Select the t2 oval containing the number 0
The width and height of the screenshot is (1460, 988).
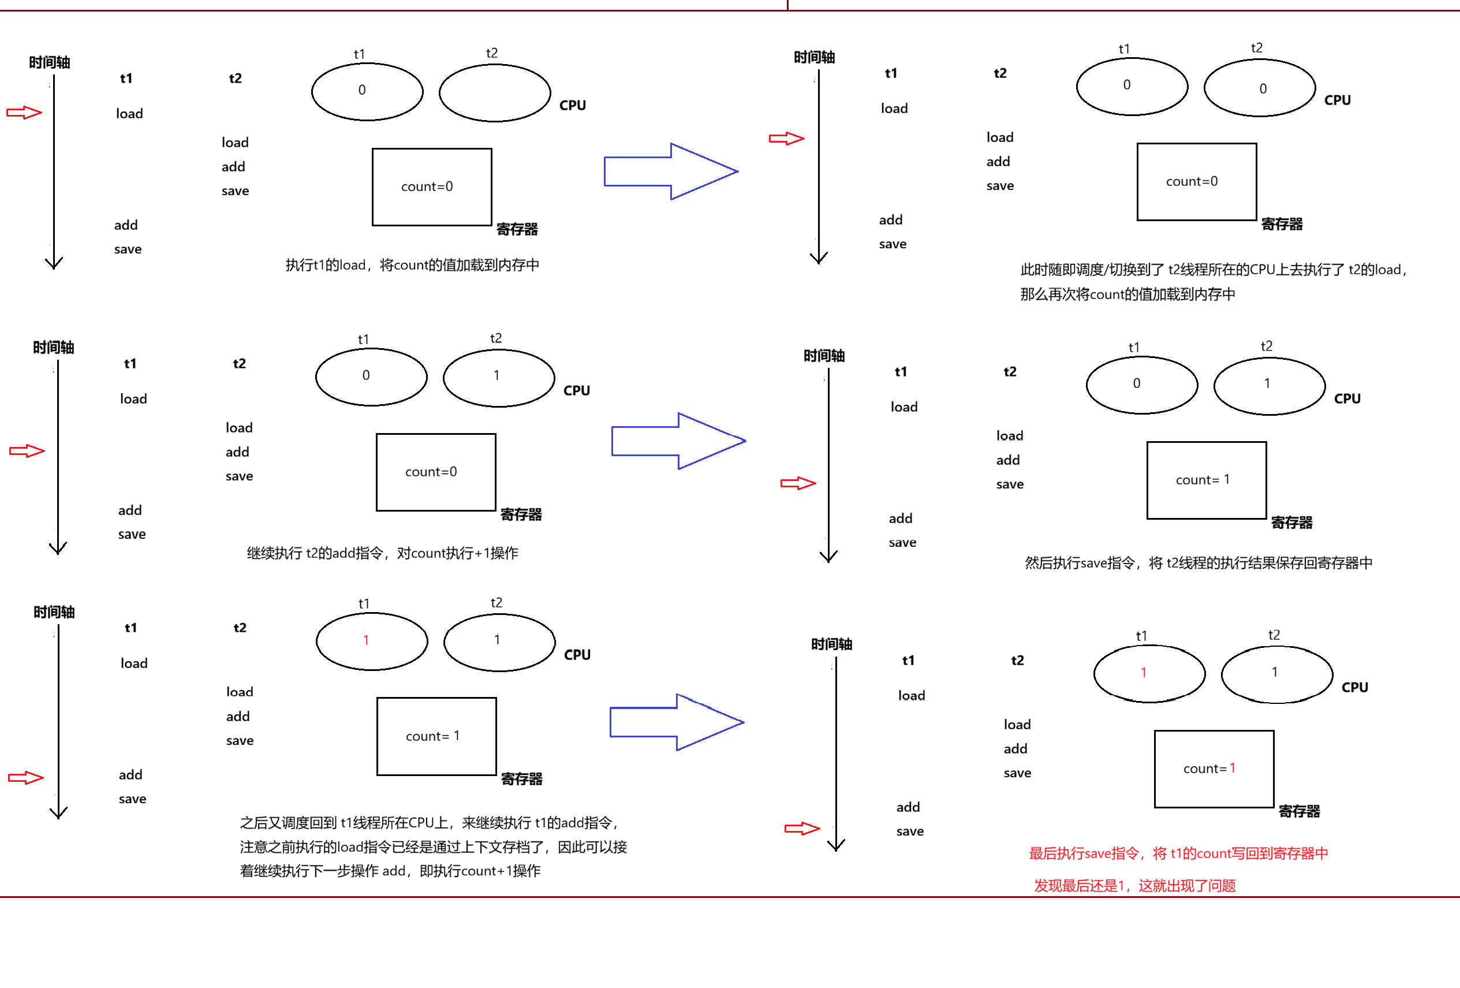pyautogui.click(x=1259, y=88)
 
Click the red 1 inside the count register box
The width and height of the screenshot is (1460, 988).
pyautogui.click(x=1232, y=768)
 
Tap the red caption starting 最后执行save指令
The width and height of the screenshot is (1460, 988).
pyautogui.click(x=1178, y=853)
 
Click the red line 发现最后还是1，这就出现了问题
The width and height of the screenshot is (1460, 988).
pyautogui.click(x=1134, y=886)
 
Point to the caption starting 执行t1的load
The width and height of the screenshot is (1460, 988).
pyautogui.click(x=412, y=265)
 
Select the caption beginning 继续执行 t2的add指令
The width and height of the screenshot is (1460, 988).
pyautogui.click(x=382, y=553)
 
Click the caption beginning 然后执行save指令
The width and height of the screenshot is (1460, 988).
pyautogui.click(x=1198, y=562)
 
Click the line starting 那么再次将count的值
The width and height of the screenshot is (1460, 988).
pyautogui.click(x=1127, y=294)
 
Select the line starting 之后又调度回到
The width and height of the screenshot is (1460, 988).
pyautogui.click(x=430, y=823)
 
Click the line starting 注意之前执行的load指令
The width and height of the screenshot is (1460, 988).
pyautogui.click(x=433, y=847)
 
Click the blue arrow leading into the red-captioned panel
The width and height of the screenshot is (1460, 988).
pyautogui.click(x=676, y=722)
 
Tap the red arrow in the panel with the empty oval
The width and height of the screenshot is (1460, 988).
pyautogui.click(x=24, y=113)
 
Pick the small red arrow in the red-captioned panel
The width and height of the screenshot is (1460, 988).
pyautogui.click(x=802, y=829)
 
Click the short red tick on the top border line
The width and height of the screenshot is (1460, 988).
pyautogui.click(x=787, y=5)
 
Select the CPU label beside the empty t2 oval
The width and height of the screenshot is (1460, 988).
pyautogui.click(x=572, y=106)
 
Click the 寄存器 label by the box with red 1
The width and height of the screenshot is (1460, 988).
pyautogui.click(x=1298, y=811)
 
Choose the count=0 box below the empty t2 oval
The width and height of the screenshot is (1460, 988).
pyautogui.click(x=432, y=187)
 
